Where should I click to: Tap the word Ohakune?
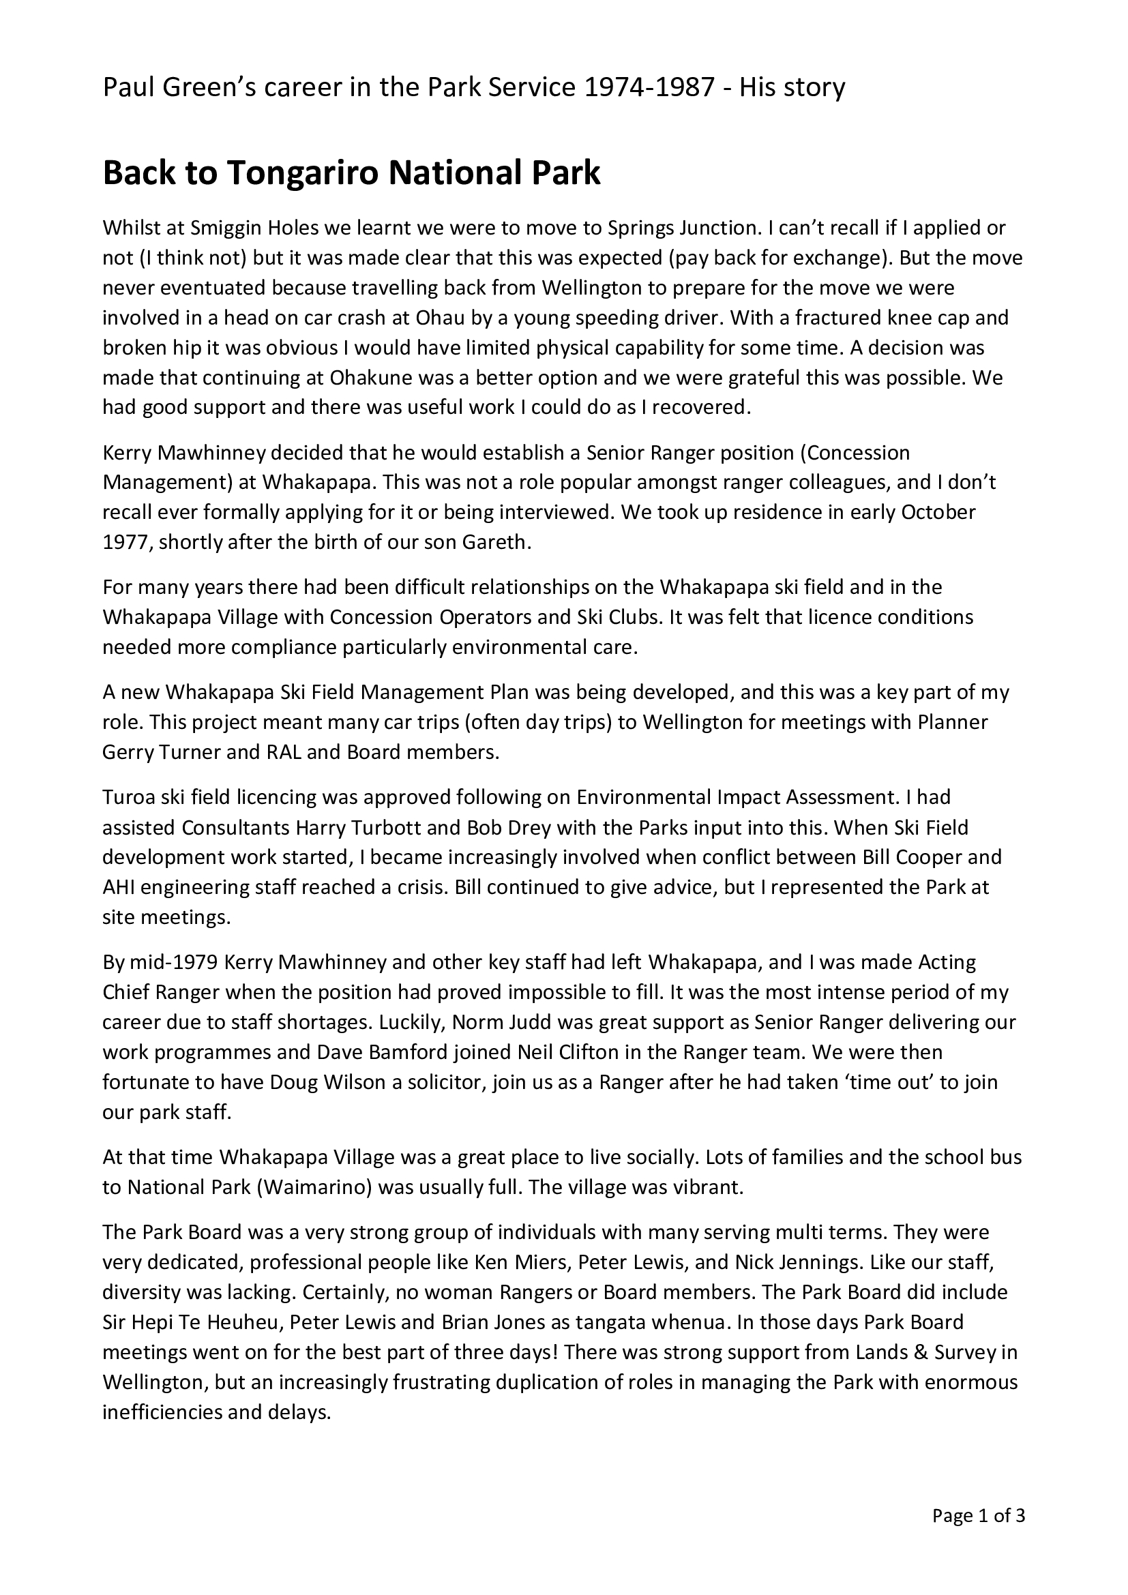click(x=368, y=377)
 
